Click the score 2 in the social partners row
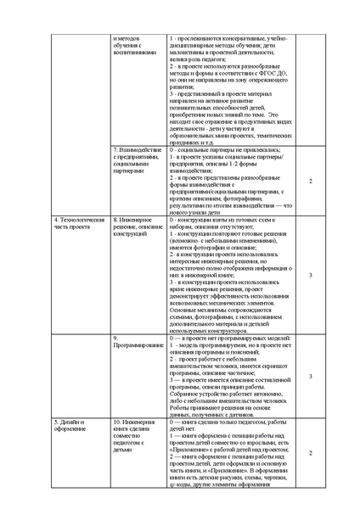click(x=310, y=182)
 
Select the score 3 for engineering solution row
click(x=310, y=275)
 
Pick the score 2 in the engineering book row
click(x=310, y=453)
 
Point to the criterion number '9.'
click(x=116, y=338)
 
